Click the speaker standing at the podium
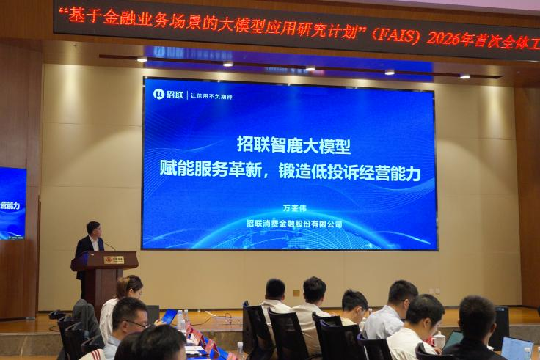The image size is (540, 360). coord(92,242)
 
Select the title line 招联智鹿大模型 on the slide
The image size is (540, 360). coord(288,144)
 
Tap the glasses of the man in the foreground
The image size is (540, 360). coord(137,323)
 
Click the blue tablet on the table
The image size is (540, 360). coord(169,317)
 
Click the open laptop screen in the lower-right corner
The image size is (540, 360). coord(517,348)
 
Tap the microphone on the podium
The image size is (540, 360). coord(109,246)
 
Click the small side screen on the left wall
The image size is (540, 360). coord(12,202)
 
